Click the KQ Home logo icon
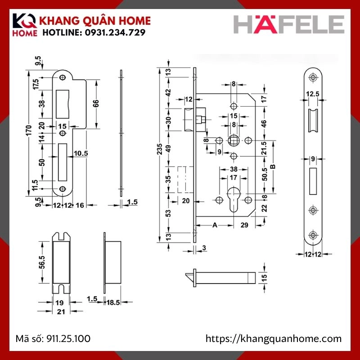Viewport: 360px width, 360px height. (25, 26)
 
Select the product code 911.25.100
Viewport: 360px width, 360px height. (70, 338)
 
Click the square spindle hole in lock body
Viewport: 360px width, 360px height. (234, 140)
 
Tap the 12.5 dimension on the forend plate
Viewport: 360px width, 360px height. (313, 94)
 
